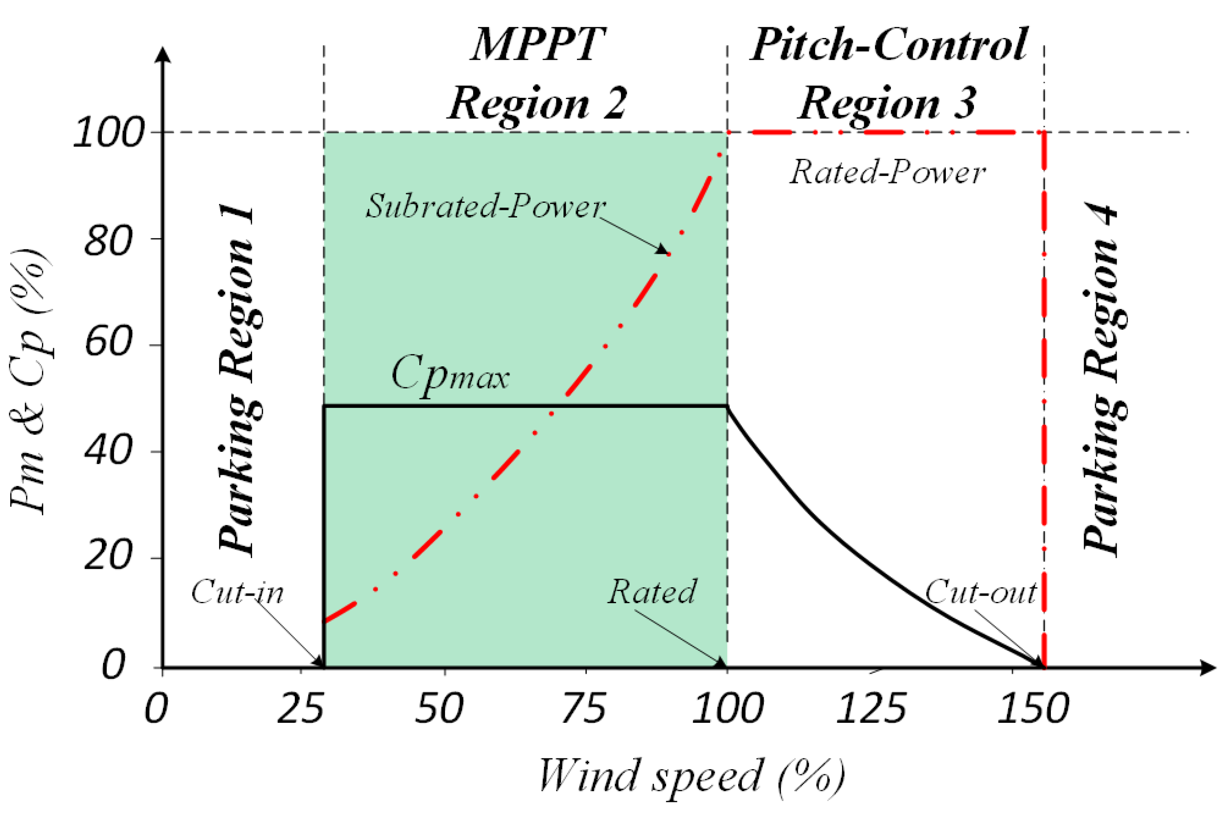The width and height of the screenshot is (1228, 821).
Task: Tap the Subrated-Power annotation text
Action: [485, 206]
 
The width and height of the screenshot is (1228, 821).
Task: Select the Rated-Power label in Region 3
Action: [887, 172]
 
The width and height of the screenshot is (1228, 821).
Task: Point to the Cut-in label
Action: [237, 592]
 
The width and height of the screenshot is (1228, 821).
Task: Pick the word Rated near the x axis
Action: [652, 592]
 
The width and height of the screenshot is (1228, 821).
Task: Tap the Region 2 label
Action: [537, 103]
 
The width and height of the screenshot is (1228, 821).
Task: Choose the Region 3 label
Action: [887, 103]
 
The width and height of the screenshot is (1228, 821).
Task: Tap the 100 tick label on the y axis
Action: [109, 132]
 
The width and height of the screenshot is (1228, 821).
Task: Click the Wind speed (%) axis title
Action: [691, 776]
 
